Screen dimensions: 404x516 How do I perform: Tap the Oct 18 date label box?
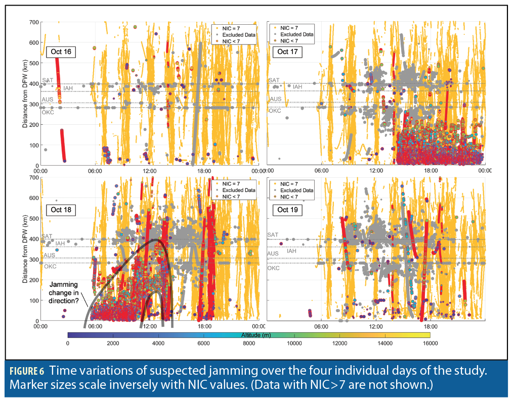[61, 210]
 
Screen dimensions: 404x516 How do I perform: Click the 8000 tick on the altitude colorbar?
[248, 343]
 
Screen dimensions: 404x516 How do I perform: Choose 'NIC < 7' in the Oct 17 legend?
[290, 41]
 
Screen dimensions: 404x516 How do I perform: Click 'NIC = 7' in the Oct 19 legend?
[290, 183]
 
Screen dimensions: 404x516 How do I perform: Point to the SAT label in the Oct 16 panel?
[47, 80]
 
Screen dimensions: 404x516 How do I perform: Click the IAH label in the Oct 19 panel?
[291, 250]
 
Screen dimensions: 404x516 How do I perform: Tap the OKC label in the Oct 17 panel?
[274, 111]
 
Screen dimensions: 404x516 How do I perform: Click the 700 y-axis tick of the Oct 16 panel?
[34, 23]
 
